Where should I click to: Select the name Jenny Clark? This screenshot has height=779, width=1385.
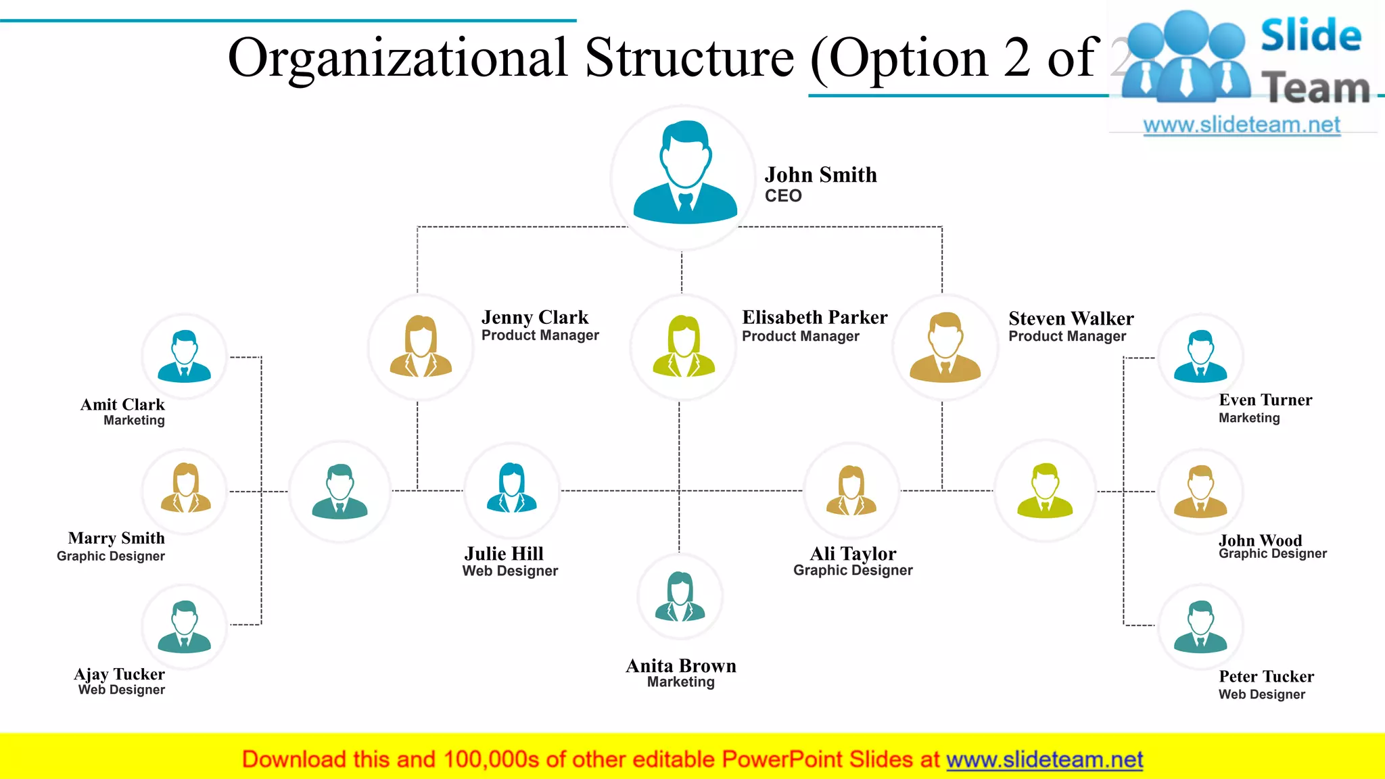534,317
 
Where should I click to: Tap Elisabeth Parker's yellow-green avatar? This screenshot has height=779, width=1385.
683,346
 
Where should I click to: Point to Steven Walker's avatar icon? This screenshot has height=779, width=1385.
945,347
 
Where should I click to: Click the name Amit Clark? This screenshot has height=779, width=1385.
122,404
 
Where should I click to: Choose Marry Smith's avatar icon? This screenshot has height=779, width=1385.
185,489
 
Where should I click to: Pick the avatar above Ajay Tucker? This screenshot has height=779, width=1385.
184,626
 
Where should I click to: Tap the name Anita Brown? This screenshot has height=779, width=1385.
680,666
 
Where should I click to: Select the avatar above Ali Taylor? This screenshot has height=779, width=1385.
851,490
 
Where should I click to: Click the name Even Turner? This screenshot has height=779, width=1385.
1265,400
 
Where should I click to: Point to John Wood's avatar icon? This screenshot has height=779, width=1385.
1200,492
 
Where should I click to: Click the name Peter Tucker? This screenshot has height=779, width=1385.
1266,676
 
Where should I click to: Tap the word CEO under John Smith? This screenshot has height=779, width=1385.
783,196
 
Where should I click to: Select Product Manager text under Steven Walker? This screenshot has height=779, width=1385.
1067,337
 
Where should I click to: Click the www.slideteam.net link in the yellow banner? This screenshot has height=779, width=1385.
1044,760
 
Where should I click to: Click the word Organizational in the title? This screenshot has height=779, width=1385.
398,58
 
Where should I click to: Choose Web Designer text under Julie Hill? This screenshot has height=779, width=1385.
510,571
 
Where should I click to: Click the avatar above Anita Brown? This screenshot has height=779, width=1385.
680,597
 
